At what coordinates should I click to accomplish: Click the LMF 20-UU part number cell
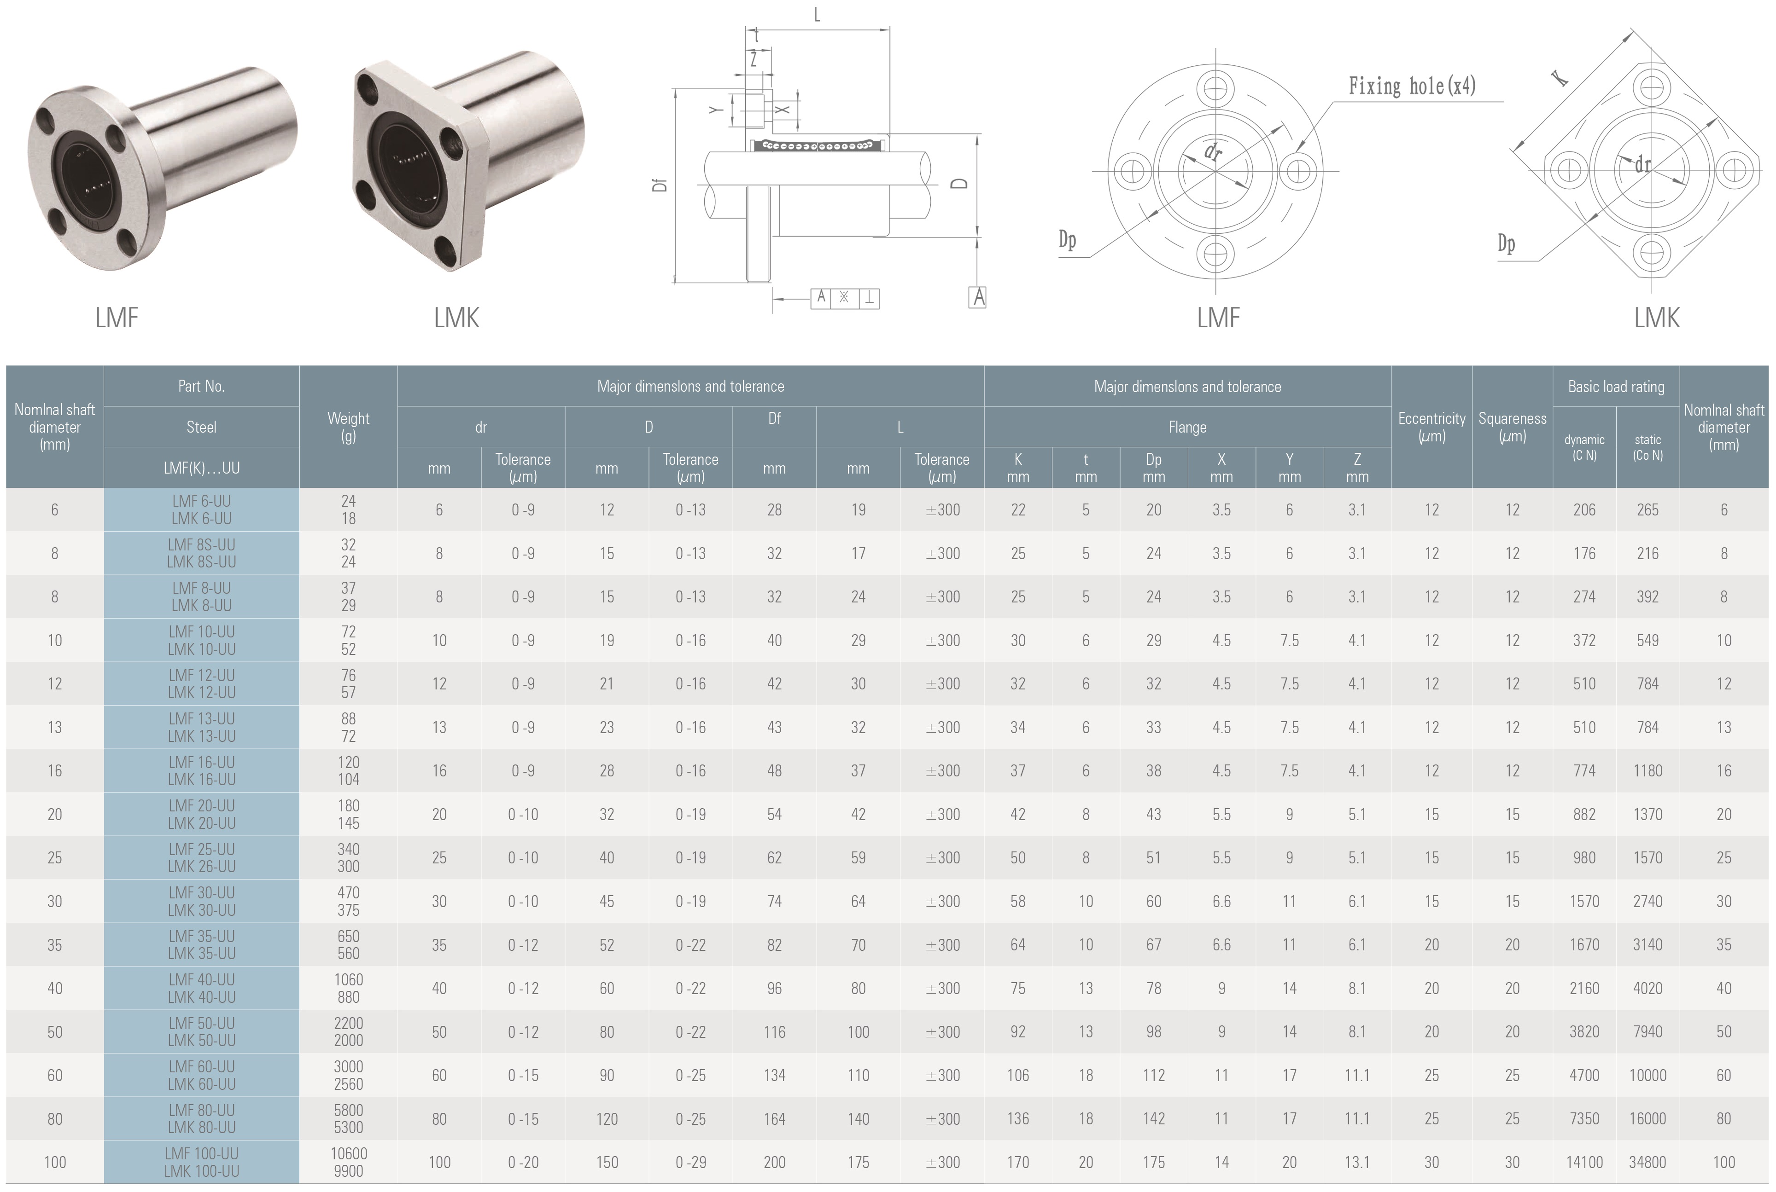click(202, 814)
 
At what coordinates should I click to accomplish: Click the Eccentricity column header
click(1431, 427)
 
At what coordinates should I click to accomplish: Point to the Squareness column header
click(1512, 427)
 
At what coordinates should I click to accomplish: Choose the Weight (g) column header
click(348, 427)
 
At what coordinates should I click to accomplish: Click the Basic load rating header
click(1616, 386)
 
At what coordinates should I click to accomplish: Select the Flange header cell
click(1187, 427)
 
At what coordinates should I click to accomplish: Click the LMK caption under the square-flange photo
click(456, 318)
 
